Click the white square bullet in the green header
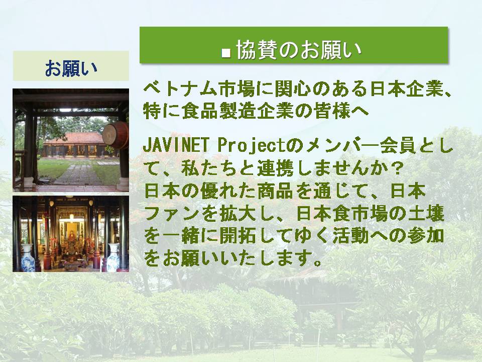point(226,53)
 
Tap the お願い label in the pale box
point(71,68)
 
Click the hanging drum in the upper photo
point(115,135)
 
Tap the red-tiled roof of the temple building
point(74,139)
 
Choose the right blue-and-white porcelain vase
point(113,257)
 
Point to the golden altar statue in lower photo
point(72,237)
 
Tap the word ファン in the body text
point(172,214)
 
